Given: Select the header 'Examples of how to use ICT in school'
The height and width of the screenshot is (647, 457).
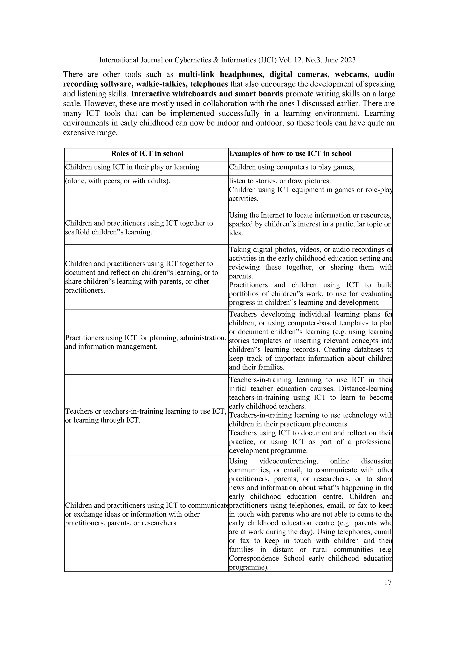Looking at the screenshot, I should pyautogui.click(x=290, y=154).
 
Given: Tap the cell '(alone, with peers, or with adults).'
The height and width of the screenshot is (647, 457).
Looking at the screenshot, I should pyautogui.click(x=118, y=181).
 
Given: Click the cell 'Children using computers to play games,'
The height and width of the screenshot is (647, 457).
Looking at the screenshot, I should pyautogui.click(x=292, y=167).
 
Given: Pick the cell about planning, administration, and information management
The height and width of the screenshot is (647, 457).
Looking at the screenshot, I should pyautogui.click(x=145, y=342).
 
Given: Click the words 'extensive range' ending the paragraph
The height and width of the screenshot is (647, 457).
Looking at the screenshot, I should pyautogui.click(x=90, y=133).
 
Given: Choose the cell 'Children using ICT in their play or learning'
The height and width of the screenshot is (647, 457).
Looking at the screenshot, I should pyautogui.click(x=132, y=167).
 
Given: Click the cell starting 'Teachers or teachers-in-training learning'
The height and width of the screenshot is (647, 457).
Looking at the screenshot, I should pyautogui.click(x=145, y=416).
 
